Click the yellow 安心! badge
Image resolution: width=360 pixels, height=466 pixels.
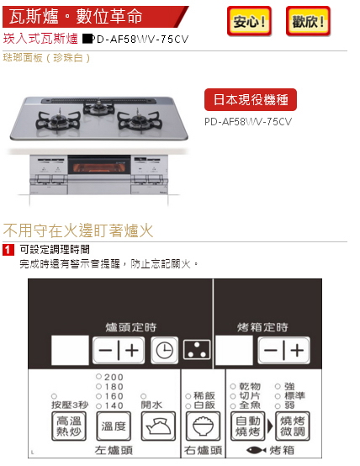249,21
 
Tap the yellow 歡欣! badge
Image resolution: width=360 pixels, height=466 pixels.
308,21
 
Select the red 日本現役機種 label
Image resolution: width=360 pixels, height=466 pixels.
251,99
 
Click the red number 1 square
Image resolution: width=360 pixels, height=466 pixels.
8,250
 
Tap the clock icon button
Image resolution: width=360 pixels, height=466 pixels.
164,350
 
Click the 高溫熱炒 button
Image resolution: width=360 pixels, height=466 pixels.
69,426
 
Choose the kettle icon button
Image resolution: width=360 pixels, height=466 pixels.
158,426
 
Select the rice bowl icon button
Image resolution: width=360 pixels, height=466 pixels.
203,426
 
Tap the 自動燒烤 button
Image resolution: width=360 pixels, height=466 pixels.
248,426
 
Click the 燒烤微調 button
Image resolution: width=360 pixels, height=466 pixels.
293,426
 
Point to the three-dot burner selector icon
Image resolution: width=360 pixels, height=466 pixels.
197,350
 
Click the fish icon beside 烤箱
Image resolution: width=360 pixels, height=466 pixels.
257,450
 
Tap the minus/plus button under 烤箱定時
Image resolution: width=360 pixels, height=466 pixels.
283,350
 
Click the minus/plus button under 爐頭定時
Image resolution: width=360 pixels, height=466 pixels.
119,350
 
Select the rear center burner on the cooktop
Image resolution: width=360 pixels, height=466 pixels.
98,108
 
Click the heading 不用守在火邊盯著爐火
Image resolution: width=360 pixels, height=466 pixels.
78,230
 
